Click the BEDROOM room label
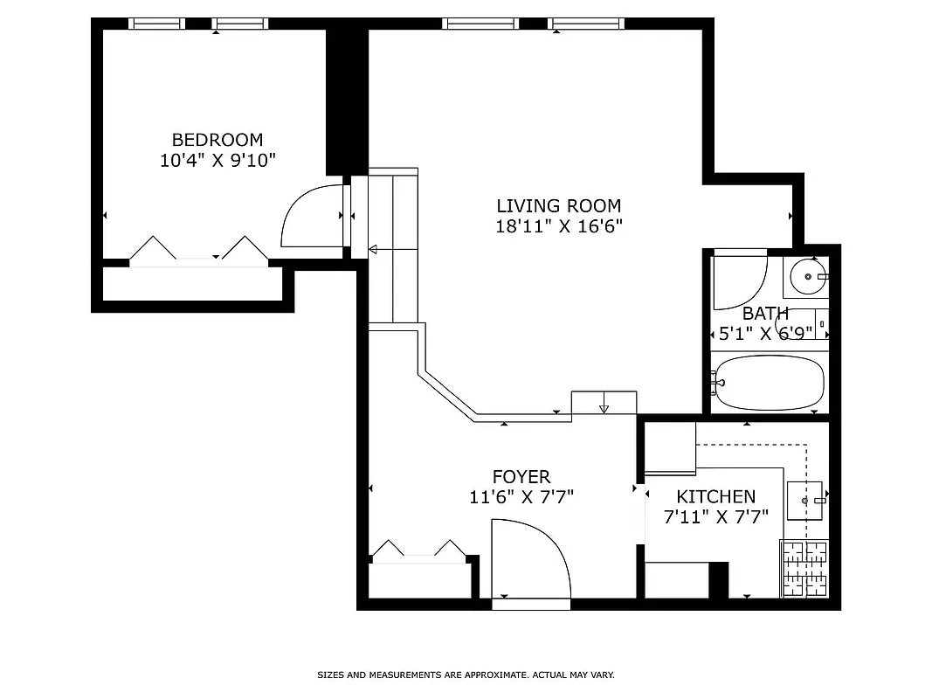coord(217,140)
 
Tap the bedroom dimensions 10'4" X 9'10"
coord(217,160)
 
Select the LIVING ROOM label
coord(558,206)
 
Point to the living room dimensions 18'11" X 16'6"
coord(558,226)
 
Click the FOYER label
coord(521,477)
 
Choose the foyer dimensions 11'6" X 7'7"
coord(521,497)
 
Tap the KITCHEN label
coord(715,496)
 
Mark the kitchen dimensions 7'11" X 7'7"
coord(715,516)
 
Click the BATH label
coord(765,314)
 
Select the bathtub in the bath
coord(768,383)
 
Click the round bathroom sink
coord(807,277)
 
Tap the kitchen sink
coord(805,501)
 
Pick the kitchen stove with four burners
coord(803,569)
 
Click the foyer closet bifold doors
coord(419,552)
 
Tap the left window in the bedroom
coord(157,24)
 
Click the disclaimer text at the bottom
coord(466,675)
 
